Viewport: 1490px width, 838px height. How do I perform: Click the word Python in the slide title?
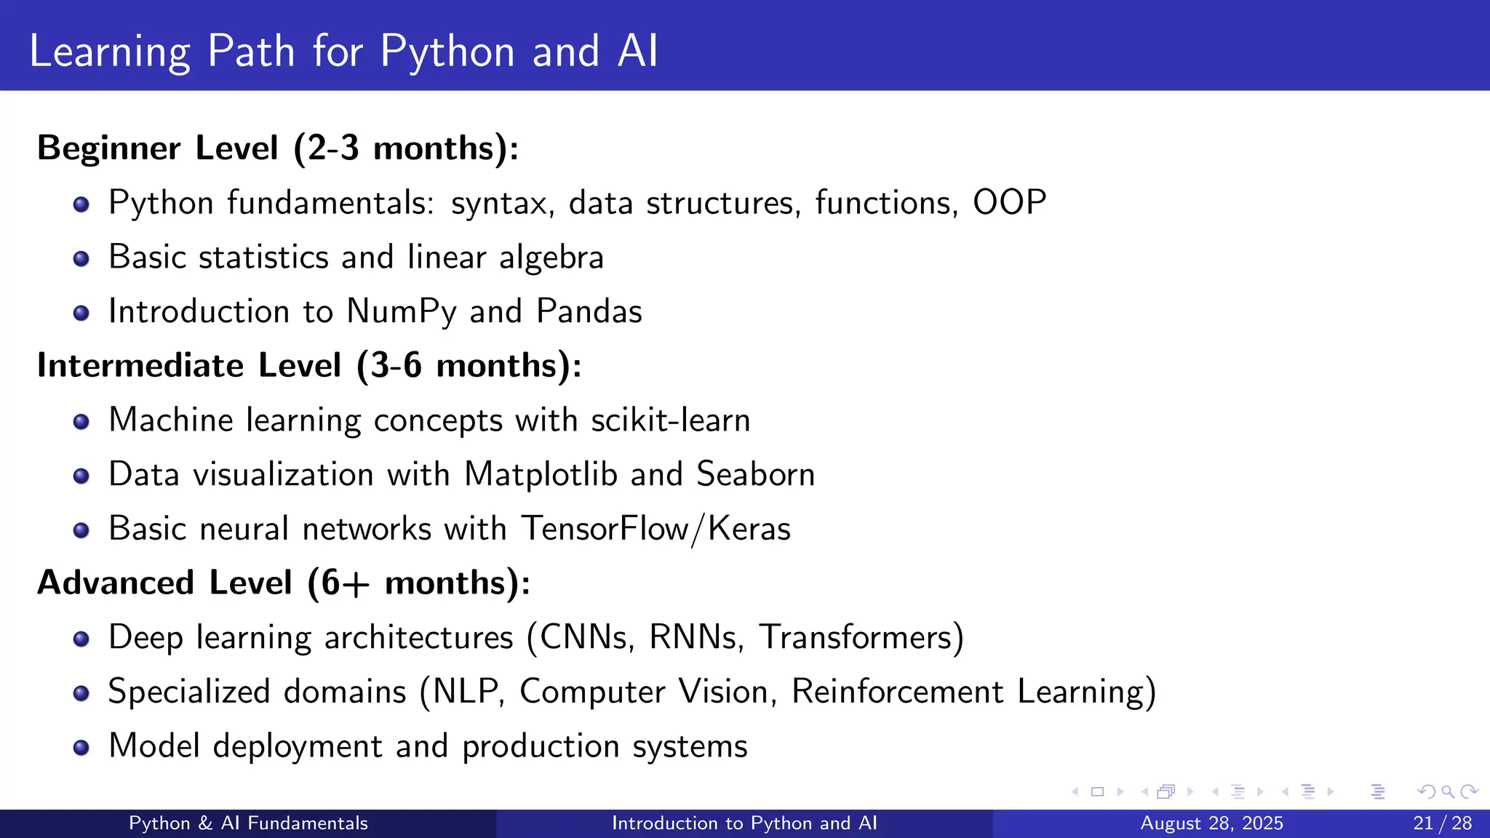click(x=447, y=52)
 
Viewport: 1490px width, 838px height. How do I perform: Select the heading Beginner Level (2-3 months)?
click(x=278, y=148)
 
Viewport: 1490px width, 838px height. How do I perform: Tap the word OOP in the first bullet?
click(x=1009, y=202)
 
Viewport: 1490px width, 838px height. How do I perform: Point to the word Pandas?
click(x=589, y=311)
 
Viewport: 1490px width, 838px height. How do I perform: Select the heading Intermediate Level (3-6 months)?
click(x=309, y=365)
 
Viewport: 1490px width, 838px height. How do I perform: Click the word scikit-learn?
click(x=670, y=420)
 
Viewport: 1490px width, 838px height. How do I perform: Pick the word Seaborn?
click(x=755, y=474)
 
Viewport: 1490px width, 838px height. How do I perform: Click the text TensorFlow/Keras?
click(x=656, y=529)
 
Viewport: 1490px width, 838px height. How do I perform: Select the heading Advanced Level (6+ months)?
click(x=284, y=583)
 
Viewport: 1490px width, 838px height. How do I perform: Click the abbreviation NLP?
click(x=466, y=692)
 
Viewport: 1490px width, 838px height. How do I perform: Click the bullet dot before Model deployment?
click(x=81, y=748)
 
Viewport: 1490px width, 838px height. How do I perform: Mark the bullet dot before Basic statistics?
click(x=81, y=259)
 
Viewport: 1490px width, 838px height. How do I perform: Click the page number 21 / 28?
click(x=1442, y=823)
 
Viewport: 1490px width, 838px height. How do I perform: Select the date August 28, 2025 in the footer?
click(x=1211, y=823)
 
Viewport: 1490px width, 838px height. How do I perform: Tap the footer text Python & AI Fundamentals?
click(x=248, y=823)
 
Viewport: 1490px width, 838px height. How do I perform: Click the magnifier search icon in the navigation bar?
click(x=1448, y=791)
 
